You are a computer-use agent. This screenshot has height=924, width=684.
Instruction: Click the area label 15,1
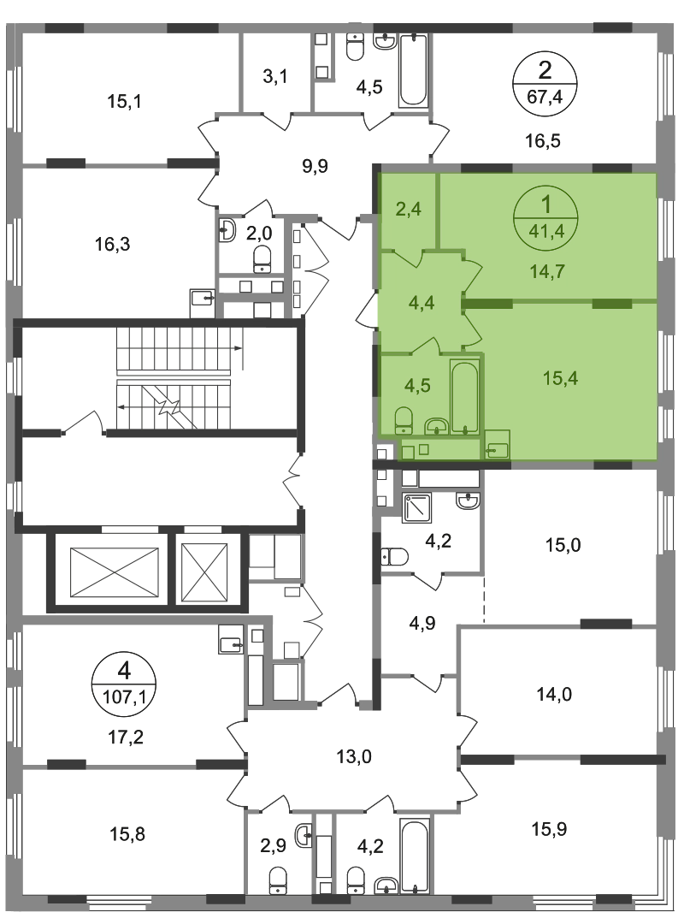(124, 101)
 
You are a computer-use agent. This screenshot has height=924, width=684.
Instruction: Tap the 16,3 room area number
(113, 243)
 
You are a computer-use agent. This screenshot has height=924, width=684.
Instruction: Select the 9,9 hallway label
(315, 166)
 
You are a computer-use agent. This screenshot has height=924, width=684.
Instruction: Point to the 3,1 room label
(275, 76)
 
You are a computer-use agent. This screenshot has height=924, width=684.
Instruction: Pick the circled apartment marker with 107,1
(124, 683)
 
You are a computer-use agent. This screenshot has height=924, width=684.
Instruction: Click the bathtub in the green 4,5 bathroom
(465, 398)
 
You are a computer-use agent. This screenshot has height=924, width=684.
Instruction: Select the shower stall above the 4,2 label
(417, 508)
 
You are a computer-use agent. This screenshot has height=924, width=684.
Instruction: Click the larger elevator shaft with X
(115, 572)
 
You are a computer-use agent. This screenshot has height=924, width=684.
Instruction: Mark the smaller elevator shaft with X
(204, 571)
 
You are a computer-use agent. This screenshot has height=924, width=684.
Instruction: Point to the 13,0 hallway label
(354, 756)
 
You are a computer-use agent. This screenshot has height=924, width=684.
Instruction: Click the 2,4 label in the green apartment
(409, 209)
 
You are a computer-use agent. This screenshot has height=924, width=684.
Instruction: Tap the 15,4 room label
(560, 378)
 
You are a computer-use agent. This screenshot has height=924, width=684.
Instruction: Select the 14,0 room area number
(554, 694)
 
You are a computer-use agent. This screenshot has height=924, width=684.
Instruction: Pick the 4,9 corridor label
(422, 623)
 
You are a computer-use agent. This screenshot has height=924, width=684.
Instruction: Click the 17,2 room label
(127, 737)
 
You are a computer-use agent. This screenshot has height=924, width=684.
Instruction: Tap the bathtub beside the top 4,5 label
(413, 71)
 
